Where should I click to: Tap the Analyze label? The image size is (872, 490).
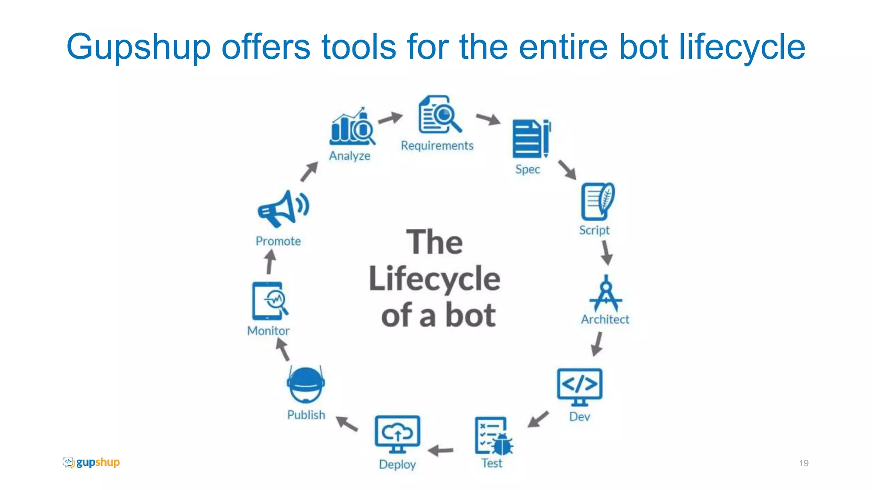click(x=350, y=156)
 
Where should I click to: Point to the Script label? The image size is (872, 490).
click(x=594, y=230)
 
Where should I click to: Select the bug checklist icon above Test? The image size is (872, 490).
click(x=493, y=436)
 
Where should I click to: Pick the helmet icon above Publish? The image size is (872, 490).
click(x=306, y=385)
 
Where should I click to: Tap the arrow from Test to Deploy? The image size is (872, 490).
click(x=441, y=450)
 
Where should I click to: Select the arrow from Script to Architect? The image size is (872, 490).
click(x=606, y=253)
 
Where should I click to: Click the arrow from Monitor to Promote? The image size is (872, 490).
click(x=270, y=262)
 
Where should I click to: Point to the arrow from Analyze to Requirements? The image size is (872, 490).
click(x=390, y=118)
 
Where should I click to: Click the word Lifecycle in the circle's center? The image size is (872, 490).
click(x=435, y=279)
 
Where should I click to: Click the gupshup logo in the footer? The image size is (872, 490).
click(x=91, y=462)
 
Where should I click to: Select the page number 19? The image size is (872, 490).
click(x=803, y=463)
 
